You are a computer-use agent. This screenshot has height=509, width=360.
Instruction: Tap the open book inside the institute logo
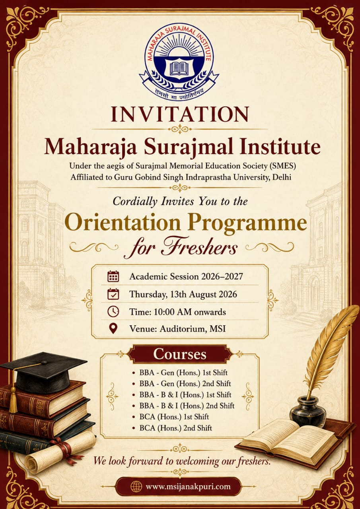click(x=179, y=68)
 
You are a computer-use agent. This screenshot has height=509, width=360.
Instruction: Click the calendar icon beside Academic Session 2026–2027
click(x=113, y=276)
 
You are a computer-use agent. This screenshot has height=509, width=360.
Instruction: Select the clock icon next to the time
click(x=113, y=311)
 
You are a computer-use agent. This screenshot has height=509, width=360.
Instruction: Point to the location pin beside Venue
click(x=113, y=328)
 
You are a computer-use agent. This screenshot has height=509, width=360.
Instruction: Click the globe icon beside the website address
click(x=136, y=486)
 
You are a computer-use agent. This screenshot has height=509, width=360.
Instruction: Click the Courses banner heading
click(x=180, y=354)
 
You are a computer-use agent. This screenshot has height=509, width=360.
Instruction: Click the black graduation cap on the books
click(x=43, y=373)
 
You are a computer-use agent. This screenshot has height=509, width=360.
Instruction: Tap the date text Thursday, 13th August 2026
click(x=183, y=294)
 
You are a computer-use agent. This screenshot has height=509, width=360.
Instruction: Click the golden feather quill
click(x=329, y=350)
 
